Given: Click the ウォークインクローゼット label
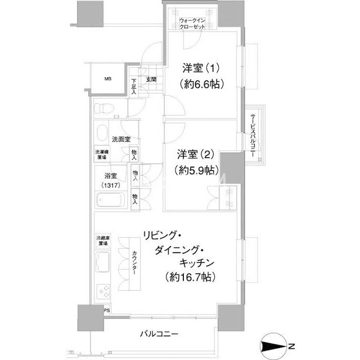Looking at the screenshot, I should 192,24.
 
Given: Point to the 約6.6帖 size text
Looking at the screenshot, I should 201,85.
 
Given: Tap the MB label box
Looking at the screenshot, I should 107,78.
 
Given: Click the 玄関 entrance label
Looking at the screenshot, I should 151,80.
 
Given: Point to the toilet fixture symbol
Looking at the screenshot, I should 103,107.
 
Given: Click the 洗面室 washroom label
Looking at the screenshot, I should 121,139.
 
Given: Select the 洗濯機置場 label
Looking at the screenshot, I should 102,155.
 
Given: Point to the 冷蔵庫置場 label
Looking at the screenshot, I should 102,242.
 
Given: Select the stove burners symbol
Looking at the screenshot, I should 103,291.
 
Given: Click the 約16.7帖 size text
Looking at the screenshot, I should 187,277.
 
